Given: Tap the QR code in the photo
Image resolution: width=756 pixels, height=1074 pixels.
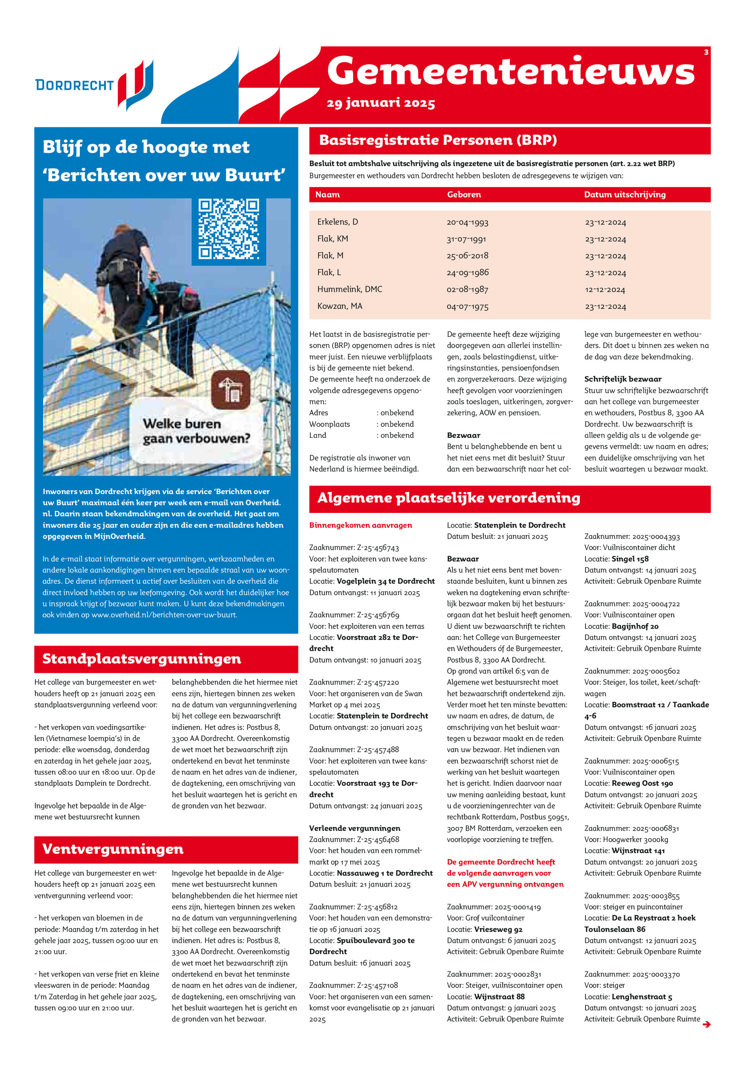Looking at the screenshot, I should click(228, 230).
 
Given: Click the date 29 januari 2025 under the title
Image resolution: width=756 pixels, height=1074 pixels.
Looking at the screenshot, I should click(380, 103).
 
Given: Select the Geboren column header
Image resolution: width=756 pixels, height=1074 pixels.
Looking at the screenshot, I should click(464, 195).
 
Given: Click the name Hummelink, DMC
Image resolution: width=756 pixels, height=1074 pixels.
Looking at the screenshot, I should click(349, 290).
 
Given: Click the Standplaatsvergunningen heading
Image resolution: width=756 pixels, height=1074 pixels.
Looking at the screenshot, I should click(141, 659).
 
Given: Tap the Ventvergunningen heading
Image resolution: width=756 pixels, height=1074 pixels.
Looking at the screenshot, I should click(112, 849).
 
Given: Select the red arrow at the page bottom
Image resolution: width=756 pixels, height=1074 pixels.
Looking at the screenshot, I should click(706, 1024).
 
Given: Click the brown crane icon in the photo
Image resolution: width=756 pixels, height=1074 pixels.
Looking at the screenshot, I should click(231, 390).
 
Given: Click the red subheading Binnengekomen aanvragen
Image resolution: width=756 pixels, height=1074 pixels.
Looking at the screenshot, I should click(360, 525).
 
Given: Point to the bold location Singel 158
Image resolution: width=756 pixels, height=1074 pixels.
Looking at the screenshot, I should click(630, 559).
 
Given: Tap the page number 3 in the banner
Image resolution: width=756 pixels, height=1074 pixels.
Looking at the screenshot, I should click(706, 52).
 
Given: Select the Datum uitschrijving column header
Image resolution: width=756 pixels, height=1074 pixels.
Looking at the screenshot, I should click(624, 195).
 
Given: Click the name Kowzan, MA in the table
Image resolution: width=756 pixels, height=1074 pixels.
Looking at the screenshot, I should click(339, 307).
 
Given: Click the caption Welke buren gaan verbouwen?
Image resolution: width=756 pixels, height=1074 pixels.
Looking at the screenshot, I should click(196, 431).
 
